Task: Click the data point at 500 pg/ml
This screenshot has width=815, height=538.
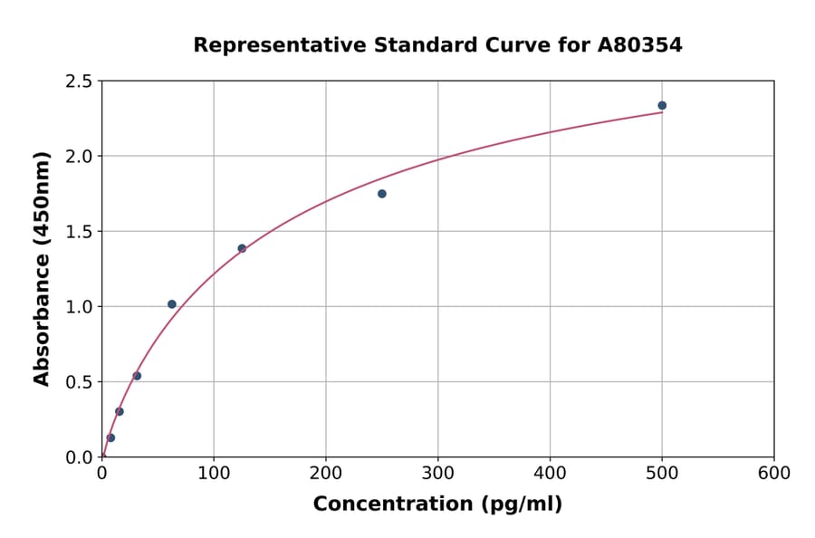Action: tap(662, 106)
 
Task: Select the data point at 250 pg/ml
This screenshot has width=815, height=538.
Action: tap(382, 194)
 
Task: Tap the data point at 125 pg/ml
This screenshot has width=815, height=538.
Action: tap(242, 248)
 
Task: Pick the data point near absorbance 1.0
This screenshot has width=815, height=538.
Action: tap(172, 304)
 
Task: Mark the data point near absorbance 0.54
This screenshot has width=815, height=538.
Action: tap(137, 376)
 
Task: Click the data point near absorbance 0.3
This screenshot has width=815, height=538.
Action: tap(120, 411)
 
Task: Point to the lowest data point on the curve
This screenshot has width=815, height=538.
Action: tap(110, 437)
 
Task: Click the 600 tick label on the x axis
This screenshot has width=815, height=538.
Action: tap(774, 474)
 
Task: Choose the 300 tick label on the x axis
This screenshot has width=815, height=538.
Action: tap(438, 474)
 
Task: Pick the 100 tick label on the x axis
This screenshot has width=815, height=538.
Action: tap(214, 474)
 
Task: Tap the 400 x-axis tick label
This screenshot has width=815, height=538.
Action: tap(550, 474)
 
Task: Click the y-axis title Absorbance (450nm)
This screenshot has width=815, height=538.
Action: tap(42, 268)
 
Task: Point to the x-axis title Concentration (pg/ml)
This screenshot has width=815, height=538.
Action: tap(437, 504)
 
